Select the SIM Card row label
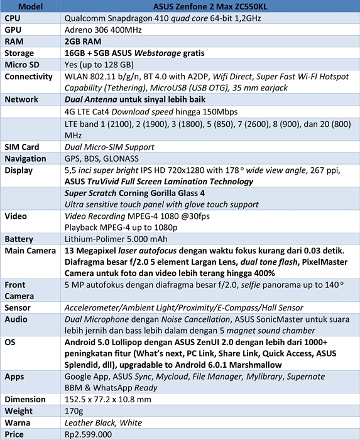[22, 147]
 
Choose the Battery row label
[19, 239]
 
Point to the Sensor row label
[18, 307]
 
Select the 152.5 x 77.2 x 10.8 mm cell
[108, 400]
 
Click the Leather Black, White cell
[104, 422]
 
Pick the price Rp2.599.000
[89, 434]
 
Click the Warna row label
[18, 422]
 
